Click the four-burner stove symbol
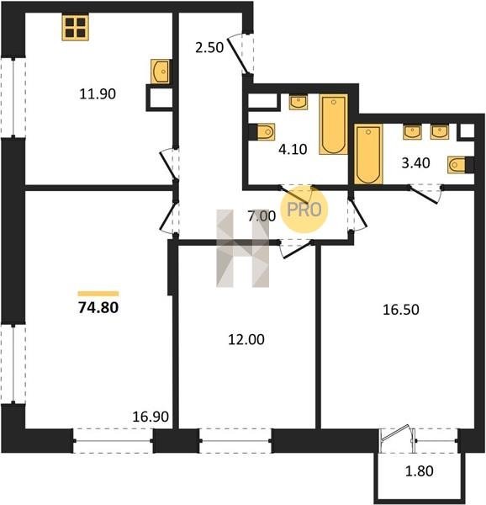tap(76, 28)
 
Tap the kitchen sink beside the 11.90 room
tap(160, 72)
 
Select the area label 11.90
tap(98, 94)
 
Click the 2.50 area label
tap(209, 48)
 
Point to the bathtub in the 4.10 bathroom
tap(334, 125)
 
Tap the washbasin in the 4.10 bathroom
tap(298, 102)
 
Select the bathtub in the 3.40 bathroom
tap(368, 154)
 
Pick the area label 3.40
tap(415, 163)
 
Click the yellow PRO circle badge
tap(304, 210)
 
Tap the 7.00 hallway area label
tap(261, 216)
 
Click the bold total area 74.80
tap(98, 307)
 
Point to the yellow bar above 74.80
tap(98, 294)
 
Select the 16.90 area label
tap(151, 417)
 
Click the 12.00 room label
tap(246, 339)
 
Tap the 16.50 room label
tap(401, 310)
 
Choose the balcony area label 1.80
tap(419, 471)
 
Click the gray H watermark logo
tap(243, 248)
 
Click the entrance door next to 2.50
tap(240, 55)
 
